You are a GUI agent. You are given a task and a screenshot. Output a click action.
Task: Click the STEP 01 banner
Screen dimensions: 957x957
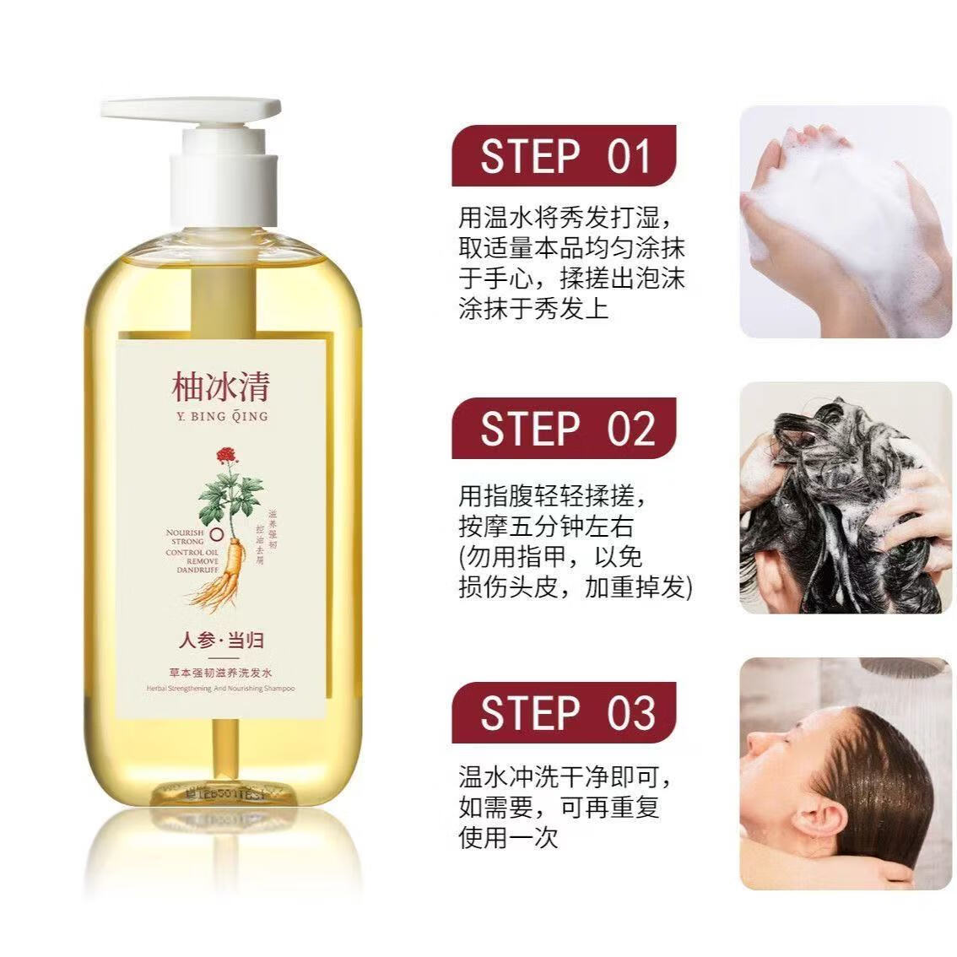tap(564, 156)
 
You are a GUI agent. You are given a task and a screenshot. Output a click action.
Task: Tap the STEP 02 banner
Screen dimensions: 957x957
tap(564, 429)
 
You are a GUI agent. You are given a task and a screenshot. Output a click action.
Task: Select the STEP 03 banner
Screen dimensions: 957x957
tap(564, 713)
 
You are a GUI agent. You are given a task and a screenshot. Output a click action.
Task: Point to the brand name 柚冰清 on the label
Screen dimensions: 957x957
tap(220, 387)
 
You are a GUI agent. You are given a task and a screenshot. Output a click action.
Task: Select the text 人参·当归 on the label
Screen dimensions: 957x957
tap(221, 640)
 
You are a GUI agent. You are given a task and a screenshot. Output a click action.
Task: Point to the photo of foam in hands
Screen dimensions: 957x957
tap(845, 221)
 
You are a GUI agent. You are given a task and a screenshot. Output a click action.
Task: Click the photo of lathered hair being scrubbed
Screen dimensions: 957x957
tap(845, 498)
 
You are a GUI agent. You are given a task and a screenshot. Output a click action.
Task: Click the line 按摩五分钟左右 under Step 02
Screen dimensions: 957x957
tap(545, 527)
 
